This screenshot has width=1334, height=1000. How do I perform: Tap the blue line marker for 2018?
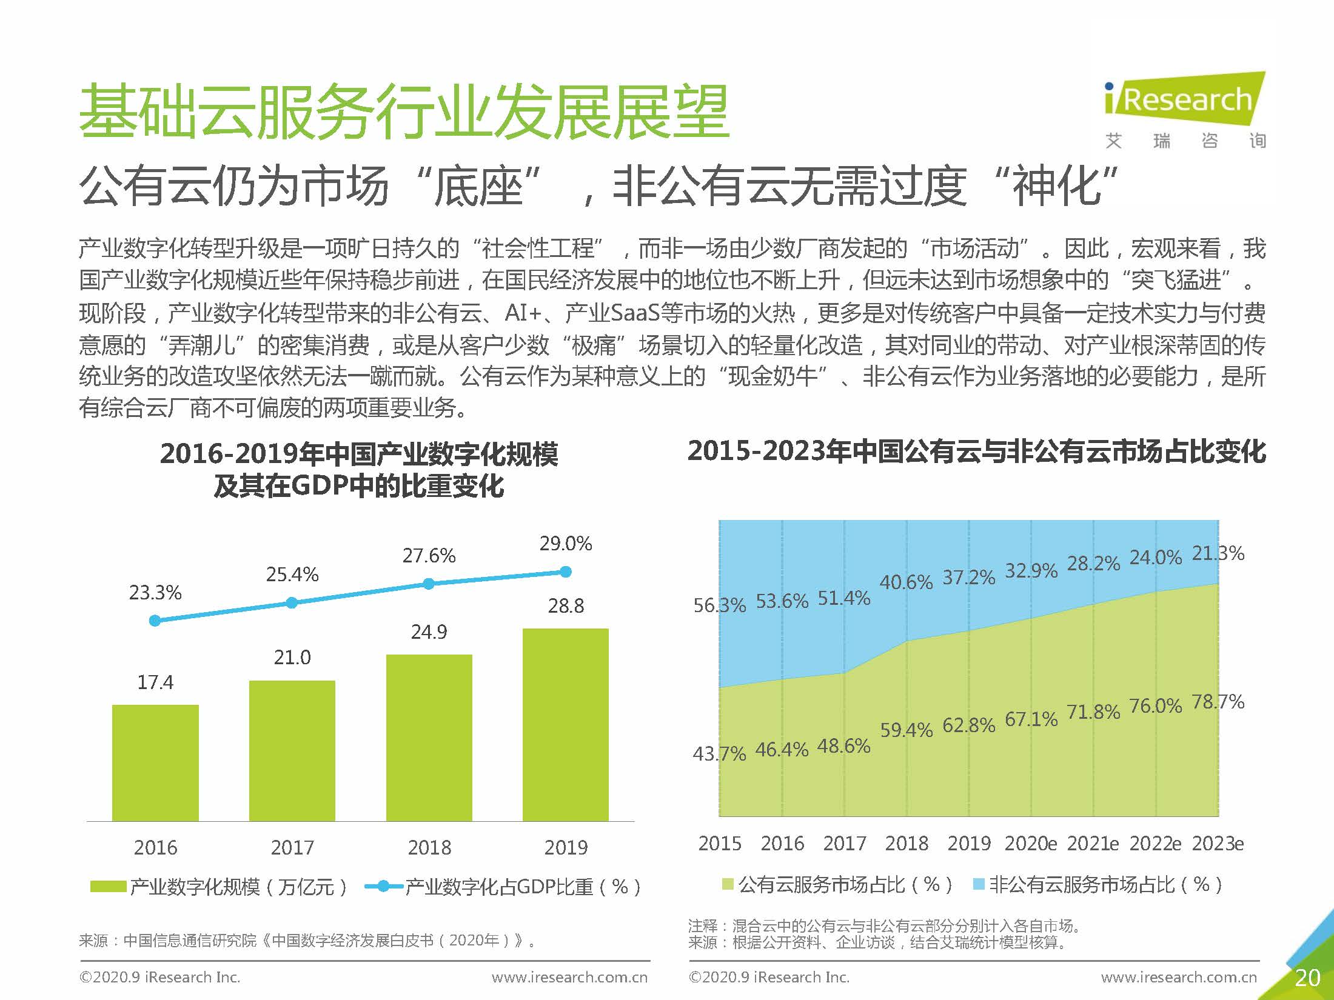tap(429, 584)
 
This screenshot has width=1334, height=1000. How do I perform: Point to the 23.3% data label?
tap(155, 592)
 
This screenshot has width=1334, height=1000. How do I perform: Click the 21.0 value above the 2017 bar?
tap(292, 657)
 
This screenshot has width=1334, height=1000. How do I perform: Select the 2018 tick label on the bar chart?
tap(429, 847)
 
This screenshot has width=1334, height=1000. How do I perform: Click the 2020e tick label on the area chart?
tap(1030, 843)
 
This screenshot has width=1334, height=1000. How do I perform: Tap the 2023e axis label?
tap(1218, 843)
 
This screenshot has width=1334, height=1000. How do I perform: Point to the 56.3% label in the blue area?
tap(719, 604)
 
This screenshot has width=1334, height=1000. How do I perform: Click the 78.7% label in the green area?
tap(1218, 702)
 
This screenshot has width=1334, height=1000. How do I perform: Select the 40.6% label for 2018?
tap(906, 582)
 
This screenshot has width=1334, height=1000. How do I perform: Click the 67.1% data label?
tap(1031, 719)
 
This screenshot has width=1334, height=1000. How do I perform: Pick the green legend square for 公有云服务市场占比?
tap(728, 884)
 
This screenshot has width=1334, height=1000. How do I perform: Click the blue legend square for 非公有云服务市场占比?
tap(978, 884)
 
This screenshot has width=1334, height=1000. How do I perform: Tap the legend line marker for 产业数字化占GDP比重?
tap(383, 887)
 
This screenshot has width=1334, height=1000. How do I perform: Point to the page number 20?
tap(1307, 978)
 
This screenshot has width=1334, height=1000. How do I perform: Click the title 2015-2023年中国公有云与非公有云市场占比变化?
tap(976, 452)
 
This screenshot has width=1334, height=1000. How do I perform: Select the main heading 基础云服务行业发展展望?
tap(404, 112)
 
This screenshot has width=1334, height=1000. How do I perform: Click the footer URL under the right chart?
tap(1179, 977)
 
